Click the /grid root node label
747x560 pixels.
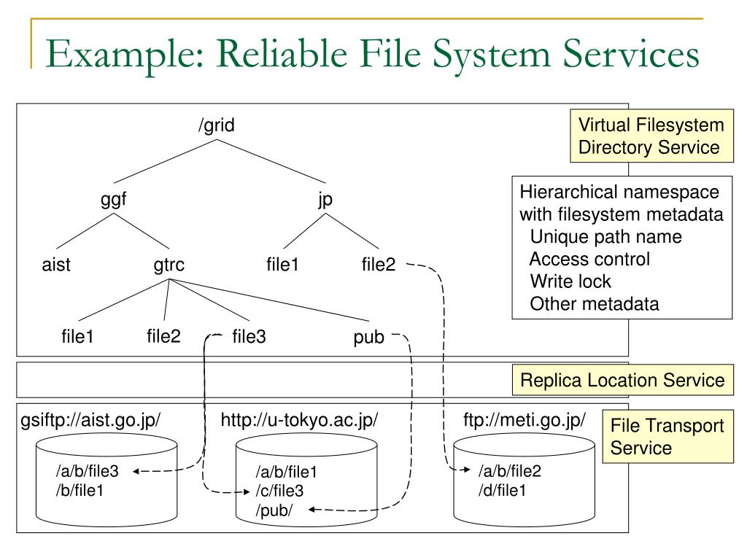(217, 125)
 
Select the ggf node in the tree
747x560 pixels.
(113, 199)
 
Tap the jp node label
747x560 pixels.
(325, 199)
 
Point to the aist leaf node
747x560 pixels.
(56, 264)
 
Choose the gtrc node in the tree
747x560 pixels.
(169, 265)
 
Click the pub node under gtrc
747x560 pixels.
(368, 337)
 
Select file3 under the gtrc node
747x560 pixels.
(249, 336)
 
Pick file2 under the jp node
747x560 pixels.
(379, 264)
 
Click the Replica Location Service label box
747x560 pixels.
(623, 380)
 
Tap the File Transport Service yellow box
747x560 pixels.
(668, 437)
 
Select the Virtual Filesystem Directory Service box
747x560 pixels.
(651, 136)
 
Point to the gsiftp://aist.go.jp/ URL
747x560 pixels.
(90, 421)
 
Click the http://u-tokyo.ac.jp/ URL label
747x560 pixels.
(299, 421)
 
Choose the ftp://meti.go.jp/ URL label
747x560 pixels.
(524, 421)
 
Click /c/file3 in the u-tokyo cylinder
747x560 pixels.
(279, 491)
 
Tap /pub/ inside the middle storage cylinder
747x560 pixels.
(274, 510)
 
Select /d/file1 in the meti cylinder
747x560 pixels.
(502, 491)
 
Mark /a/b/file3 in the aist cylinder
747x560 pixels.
(88, 471)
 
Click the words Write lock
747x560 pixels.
(570, 281)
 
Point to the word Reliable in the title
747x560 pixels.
(282, 53)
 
